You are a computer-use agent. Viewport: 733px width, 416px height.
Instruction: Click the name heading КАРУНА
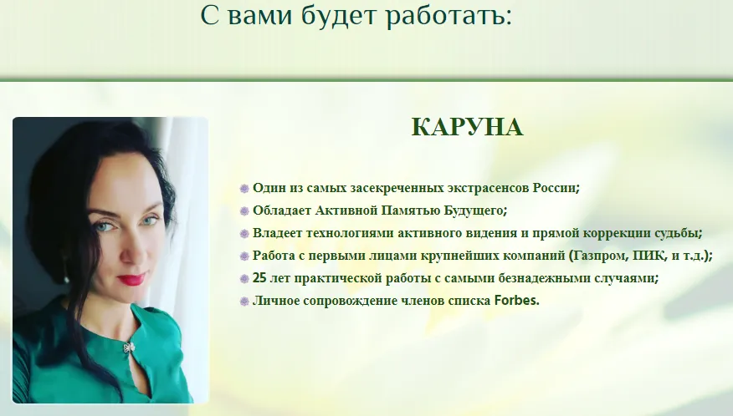tap(467, 127)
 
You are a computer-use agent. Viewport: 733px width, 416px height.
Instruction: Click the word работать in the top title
tap(449, 15)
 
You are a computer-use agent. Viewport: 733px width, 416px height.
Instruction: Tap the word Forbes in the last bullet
tap(516, 300)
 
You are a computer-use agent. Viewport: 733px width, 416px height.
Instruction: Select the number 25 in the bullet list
tap(259, 278)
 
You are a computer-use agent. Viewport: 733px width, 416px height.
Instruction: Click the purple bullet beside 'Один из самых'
tap(244, 189)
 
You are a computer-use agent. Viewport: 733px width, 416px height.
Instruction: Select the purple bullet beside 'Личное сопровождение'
tap(244, 302)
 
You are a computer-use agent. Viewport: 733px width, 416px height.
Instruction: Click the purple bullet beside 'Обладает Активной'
tap(244, 211)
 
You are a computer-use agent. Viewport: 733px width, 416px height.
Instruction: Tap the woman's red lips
tap(132, 279)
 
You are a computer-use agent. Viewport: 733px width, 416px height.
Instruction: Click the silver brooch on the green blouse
tap(129, 348)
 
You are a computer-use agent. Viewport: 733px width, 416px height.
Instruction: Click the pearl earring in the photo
tap(66, 280)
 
